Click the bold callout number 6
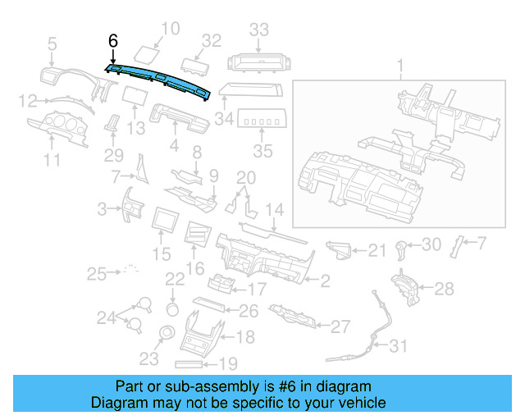coord(113,40)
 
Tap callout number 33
coord(259,30)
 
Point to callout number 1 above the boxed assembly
coord(400,66)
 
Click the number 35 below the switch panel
coord(262,152)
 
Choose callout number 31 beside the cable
coord(397,347)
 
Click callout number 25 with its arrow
coord(98,272)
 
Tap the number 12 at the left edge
coord(27,102)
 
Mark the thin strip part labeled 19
coord(194,363)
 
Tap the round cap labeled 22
coord(173,308)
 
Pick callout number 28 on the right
coord(443,289)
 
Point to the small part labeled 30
coord(401,246)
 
